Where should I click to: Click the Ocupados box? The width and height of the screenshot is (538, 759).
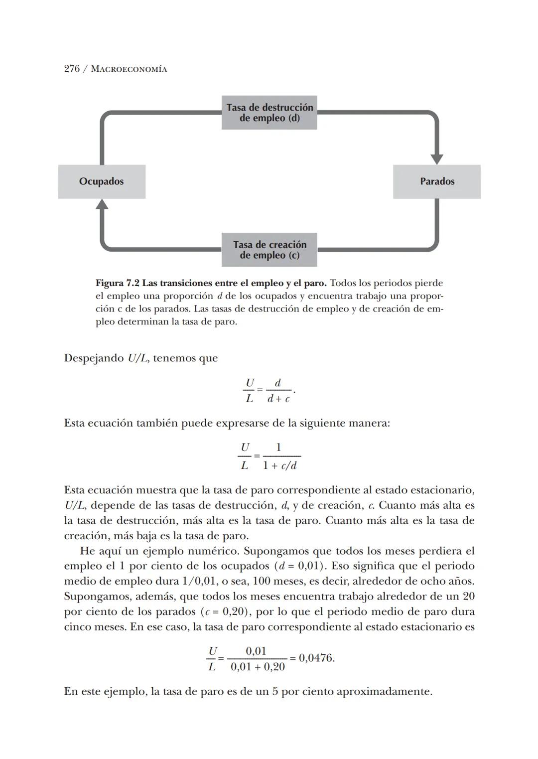[102, 181]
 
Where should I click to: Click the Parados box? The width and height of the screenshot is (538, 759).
[437, 181]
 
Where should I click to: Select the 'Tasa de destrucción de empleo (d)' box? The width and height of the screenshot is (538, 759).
[269, 113]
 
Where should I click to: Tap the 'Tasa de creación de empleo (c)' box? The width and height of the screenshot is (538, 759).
[269, 250]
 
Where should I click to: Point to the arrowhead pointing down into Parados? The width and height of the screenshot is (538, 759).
[437, 159]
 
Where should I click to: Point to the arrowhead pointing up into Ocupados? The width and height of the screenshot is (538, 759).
[102, 204]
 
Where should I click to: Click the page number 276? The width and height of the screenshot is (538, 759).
[72, 69]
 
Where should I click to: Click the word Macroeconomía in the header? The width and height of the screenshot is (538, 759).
[129, 69]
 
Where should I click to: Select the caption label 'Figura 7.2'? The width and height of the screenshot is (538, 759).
[117, 283]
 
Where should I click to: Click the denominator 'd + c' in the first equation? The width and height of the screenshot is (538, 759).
[278, 399]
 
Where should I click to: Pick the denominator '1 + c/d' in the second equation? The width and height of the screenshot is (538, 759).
[280, 465]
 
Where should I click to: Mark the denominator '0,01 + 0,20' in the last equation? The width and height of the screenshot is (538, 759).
[258, 667]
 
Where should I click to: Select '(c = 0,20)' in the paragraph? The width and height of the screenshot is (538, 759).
[224, 611]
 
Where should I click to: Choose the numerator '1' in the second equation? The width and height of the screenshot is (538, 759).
[278, 448]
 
